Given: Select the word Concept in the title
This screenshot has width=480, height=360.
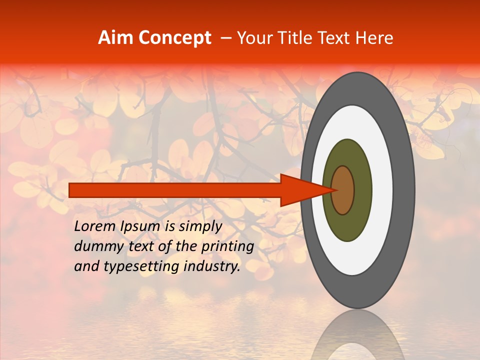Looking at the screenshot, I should [x=174, y=38].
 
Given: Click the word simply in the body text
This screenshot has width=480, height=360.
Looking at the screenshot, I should [x=200, y=226].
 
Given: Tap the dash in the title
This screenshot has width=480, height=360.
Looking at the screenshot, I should [x=226, y=38].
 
